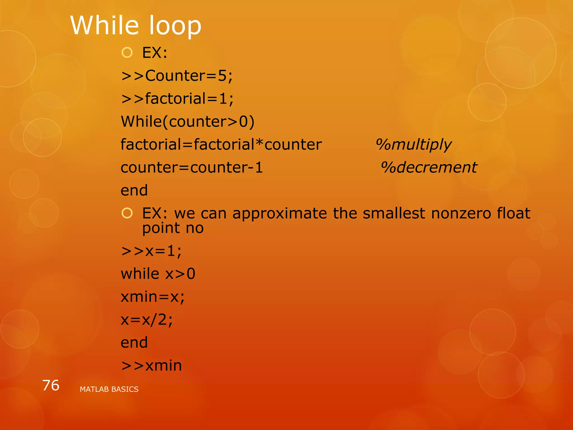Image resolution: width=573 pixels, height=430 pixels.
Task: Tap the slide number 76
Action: [x=51, y=385]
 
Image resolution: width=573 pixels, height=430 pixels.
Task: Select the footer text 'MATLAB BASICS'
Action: [x=109, y=389]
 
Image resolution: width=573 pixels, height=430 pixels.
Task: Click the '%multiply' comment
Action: [x=414, y=145]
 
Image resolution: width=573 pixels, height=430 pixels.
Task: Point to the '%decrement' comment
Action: [x=429, y=168]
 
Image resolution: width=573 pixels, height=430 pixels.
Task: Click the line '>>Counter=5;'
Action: [x=177, y=76]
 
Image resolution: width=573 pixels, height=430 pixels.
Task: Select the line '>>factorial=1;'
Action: [x=177, y=99]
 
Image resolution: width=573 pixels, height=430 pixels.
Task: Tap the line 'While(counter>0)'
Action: [x=187, y=122]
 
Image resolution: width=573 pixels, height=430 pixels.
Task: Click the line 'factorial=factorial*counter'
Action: [x=221, y=145]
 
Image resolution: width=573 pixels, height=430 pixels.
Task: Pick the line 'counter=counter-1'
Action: [x=192, y=168]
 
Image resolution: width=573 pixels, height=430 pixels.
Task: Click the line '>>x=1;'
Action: [x=151, y=251]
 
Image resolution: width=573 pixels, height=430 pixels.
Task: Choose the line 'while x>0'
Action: [x=158, y=274]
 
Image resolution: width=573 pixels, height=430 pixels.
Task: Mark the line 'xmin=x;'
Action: [x=153, y=296]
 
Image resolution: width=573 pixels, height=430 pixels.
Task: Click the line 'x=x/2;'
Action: [x=147, y=319]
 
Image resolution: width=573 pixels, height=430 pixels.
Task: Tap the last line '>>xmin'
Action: [x=151, y=365]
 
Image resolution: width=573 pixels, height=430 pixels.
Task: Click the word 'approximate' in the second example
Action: [x=280, y=214]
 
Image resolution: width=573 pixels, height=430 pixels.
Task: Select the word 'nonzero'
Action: [x=461, y=214]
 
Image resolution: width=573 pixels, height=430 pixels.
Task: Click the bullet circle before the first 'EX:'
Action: [x=127, y=53]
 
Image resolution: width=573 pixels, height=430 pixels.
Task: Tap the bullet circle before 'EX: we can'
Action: [x=127, y=213]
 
